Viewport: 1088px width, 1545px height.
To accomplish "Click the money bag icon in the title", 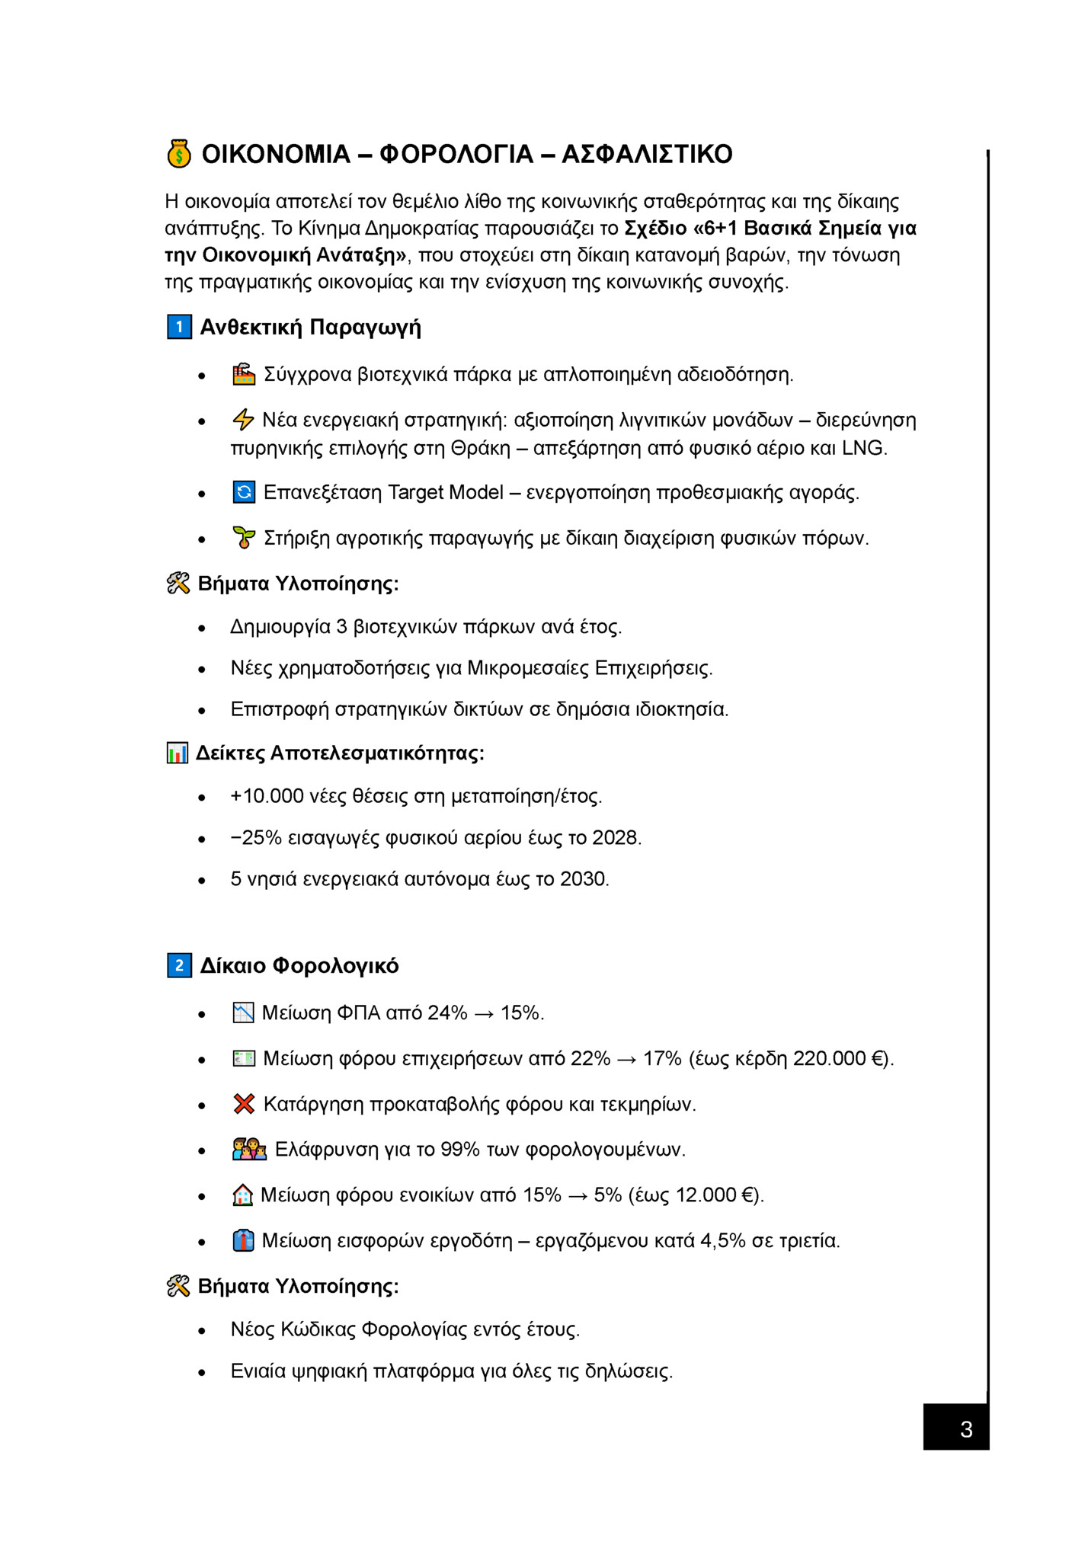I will click(179, 154).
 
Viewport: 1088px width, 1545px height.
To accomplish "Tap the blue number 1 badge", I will click(179, 328).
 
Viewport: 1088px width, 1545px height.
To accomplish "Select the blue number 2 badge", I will click(179, 966).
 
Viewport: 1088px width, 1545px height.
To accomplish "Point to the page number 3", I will click(966, 1429).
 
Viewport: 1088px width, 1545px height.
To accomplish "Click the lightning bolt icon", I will click(243, 420).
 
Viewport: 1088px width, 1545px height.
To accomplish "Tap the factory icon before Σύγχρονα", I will click(244, 375).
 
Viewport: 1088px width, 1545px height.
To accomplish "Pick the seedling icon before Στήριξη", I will click(244, 538).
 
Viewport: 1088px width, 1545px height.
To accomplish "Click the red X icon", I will click(244, 1104).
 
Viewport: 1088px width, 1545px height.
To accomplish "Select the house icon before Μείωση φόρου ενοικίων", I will click(242, 1195).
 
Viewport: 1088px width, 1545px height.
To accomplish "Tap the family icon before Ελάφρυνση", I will click(249, 1150).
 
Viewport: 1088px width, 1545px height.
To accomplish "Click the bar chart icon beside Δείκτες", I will click(178, 753).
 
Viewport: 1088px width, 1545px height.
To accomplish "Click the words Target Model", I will click(446, 493).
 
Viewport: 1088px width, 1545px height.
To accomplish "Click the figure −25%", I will click(257, 838).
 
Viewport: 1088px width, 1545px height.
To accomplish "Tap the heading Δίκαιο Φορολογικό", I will click(299, 966).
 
